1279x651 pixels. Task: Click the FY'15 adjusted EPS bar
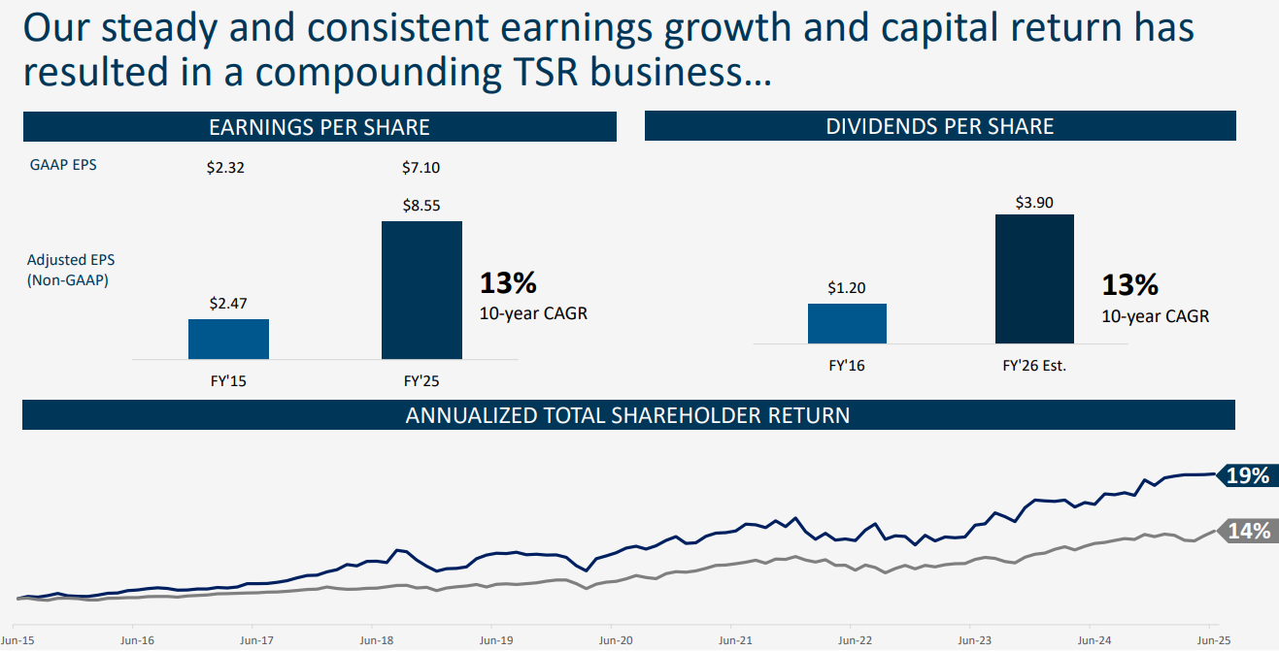[x=228, y=339]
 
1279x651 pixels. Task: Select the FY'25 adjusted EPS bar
[x=421, y=290]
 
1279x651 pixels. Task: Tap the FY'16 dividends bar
[x=847, y=323]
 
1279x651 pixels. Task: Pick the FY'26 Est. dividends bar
[x=1034, y=278]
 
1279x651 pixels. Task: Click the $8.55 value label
[x=421, y=206]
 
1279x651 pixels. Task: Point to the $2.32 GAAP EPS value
[x=225, y=168]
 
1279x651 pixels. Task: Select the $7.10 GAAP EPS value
[x=421, y=168]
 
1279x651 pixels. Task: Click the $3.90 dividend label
[x=1034, y=202]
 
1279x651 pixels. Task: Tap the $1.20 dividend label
[x=847, y=288]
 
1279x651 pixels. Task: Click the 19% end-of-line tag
[x=1246, y=475]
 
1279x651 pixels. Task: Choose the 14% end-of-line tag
[x=1248, y=531]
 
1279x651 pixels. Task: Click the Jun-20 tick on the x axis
[x=614, y=641]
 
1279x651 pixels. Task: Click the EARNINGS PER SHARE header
[x=320, y=127]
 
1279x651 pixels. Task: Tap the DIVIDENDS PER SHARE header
[x=939, y=127]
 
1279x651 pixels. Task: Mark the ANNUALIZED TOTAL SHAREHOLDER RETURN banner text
[x=627, y=415]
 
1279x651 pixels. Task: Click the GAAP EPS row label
[x=63, y=165]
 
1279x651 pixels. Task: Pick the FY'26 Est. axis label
[x=1034, y=367]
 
